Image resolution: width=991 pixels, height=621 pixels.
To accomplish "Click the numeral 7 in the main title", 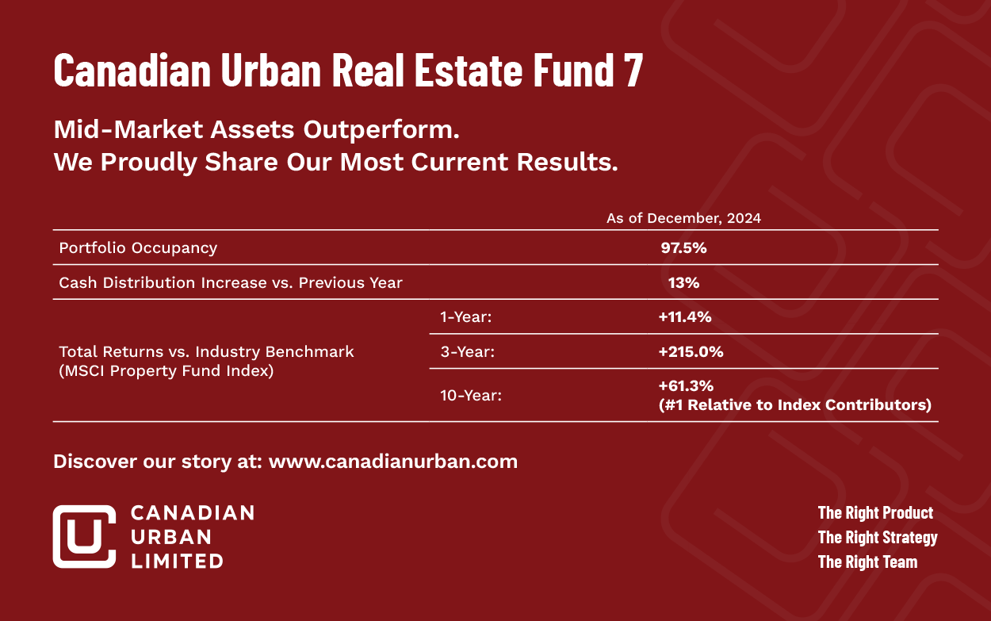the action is point(633,70).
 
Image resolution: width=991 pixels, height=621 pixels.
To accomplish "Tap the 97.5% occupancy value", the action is point(683,248).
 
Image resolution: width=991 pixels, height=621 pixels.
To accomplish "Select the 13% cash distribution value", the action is point(683,282).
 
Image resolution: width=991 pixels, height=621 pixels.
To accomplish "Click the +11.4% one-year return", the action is point(685,317).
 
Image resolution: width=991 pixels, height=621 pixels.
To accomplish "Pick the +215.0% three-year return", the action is point(691,352).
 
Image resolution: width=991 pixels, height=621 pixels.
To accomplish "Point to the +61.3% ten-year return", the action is point(686,386).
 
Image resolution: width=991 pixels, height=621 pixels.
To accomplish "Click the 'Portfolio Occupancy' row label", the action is point(138,248).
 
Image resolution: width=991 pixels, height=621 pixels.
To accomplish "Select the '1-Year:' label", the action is point(466,317).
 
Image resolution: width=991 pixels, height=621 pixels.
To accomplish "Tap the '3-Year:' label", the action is point(467,352).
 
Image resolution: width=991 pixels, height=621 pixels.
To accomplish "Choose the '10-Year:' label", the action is point(471,395).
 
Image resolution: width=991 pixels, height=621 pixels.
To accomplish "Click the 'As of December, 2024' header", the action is point(683,218).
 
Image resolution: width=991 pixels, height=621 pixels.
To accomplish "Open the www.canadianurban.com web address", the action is point(393,462).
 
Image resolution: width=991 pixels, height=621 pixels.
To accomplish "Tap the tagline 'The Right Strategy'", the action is point(878,538).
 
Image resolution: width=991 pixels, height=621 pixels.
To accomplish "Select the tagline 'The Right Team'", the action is point(867,562).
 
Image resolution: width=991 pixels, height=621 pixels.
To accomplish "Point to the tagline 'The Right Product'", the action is point(875,512).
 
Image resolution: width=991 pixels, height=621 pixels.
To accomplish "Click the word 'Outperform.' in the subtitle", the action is point(381,130).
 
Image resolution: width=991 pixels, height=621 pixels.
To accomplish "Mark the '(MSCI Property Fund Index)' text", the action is point(166,371).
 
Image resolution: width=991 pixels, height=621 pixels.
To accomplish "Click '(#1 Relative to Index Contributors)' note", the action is point(795,405).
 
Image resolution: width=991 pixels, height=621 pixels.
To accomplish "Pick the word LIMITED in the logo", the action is point(177,562).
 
